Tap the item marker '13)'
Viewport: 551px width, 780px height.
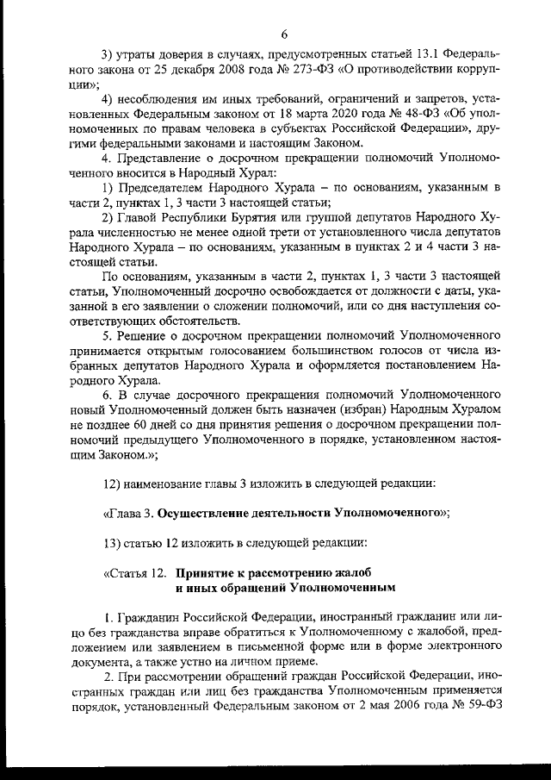pyautogui.click(x=114, y=543)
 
